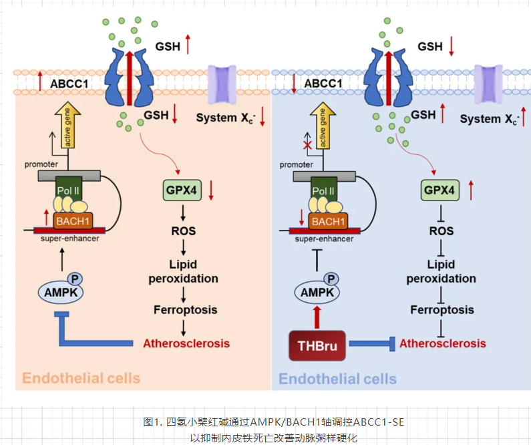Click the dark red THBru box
tap(317, 345)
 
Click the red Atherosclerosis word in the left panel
tap(186, 343)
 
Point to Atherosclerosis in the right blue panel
tap(443, 343)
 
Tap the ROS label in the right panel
tap(441, 231)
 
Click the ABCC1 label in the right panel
tap(323, 84)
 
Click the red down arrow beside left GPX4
tap(211, 190)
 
